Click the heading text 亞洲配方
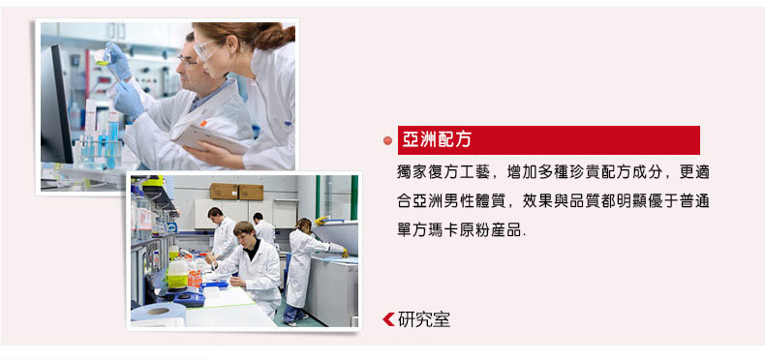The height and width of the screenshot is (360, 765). tap(437, 140)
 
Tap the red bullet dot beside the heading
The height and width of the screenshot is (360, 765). tap(388, 140)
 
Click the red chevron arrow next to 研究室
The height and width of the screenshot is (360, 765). tap(388, 319)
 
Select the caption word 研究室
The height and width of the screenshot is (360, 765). tap(424, 319)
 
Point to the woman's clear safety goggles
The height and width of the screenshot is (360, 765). tap(207, 49)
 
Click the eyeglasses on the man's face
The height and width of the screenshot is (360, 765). tap(188, 61)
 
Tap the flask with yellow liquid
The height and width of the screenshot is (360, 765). tap(103, 57)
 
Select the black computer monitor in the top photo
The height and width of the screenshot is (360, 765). tap(56, 104)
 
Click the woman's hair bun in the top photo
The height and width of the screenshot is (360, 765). tap(281, 36)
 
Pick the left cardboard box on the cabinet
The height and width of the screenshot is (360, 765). tap(224, 192)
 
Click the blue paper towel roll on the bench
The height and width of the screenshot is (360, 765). tap(158, 313)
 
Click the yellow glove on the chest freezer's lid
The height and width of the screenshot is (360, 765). tap(321, 221)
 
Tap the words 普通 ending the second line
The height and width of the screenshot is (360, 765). tap(693, 201)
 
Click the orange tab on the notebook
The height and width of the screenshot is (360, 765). tap(203, 124)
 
